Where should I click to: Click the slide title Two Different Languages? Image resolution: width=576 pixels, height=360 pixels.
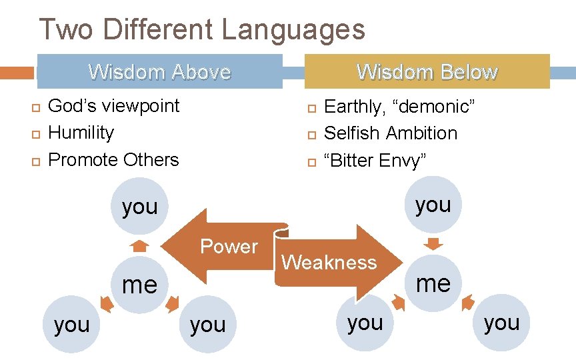click(x=202, y=30)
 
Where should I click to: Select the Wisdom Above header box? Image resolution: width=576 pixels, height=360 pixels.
click(x=159, y=71)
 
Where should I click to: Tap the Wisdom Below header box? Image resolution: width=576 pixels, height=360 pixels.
click(x=427, y=71)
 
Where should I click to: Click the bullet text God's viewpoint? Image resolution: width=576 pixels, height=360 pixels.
click(x=114, y=105)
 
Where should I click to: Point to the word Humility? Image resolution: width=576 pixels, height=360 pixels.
click(x=81, y=133)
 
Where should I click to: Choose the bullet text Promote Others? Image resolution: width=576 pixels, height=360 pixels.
click(x=114, y=160)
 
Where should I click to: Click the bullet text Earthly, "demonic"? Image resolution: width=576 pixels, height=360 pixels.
click(x=399, y=106)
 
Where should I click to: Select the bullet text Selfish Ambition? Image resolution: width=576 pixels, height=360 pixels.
click(x=391, y=133)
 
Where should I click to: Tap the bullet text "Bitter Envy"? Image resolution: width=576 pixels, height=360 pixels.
click(x=375, y=161)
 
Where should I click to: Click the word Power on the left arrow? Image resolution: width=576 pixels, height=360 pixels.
click(x=229, y=247)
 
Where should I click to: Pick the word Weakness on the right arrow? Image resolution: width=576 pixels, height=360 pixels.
click(x=329, y=262)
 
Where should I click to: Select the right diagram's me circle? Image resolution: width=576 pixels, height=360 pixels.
click(x=433, y=283)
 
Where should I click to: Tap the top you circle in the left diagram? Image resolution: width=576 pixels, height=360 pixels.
click(x=139, y=207)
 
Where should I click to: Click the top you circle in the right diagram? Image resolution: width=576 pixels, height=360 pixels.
click(x=433, y=205)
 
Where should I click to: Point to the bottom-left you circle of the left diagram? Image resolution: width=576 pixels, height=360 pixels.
click(x=71, y=325)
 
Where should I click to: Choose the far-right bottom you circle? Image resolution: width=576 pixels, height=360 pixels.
click(x=501, y=323)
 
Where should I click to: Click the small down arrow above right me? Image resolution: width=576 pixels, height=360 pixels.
click(x=433, y=242)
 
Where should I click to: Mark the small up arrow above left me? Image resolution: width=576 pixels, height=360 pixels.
click(x=139, y=246)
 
